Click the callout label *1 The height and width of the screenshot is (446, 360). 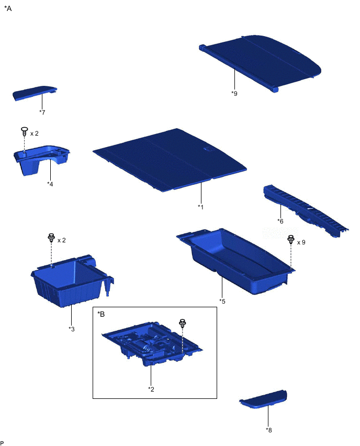(201, 207)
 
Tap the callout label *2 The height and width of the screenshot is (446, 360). (151, 389)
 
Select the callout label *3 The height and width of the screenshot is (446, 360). (71, 329)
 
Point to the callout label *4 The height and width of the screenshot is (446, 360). (50, 184)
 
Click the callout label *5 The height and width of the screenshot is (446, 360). (222, 301)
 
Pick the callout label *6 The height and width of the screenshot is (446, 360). (280, 221)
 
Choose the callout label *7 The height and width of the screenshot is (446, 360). (42, 113)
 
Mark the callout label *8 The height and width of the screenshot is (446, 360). (269, 430)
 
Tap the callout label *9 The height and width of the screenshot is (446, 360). (234, 93)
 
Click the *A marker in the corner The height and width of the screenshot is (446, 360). (8, 8)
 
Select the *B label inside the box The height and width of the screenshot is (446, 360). (101, 314)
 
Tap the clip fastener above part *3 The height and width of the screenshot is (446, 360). (51, 238)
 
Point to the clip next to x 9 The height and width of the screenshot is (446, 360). (290, 240)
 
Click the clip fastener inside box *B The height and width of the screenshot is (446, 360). (182, 323)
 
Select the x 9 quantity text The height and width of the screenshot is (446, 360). (301, 242)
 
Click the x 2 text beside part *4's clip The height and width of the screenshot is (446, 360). (35, 133)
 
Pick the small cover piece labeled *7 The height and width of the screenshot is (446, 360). (35, 93)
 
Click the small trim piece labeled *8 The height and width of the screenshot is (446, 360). (263, 399)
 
